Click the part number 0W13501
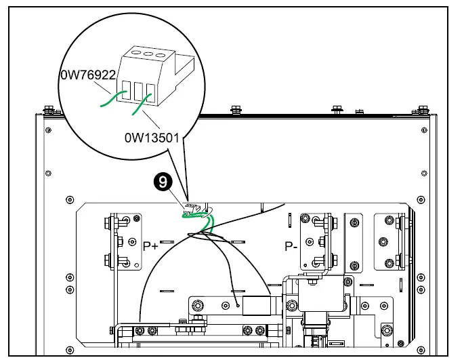click(152, 138)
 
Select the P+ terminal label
click(150, 245)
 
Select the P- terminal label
click(291, 245)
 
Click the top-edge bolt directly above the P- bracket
click(336, 108)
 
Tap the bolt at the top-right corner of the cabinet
click(423, 108)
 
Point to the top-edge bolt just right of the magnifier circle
click(235, 108)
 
